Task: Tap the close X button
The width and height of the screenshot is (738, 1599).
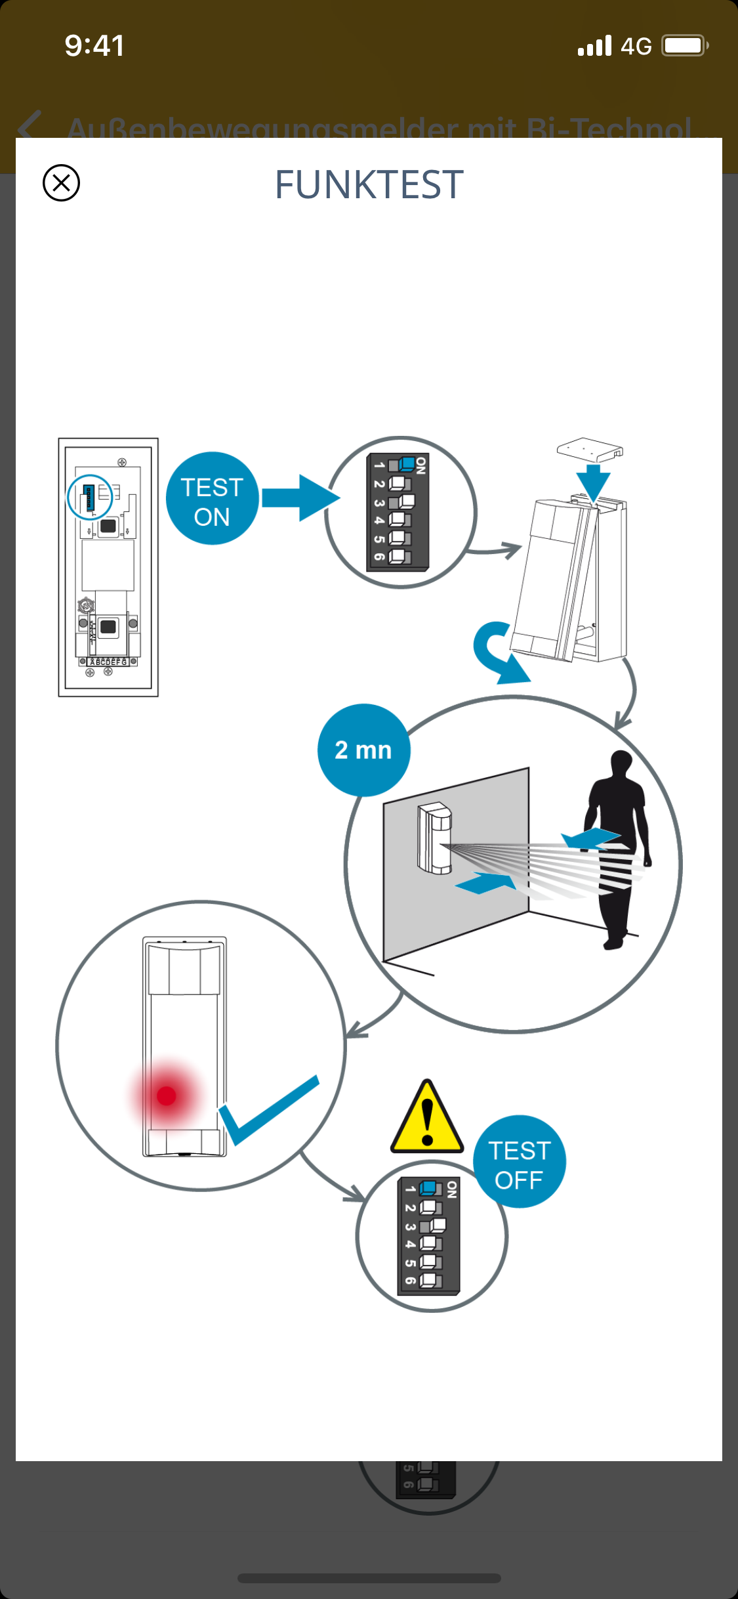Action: pyautogui.click(x=61, y=182)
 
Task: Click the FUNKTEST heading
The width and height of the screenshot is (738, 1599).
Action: pyautogui.click(x=369, y=184)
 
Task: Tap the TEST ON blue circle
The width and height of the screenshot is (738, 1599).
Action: pyautogui.click(x=212, y=499)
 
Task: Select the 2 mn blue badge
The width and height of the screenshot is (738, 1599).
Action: pyautogui.click(x=363, y=750)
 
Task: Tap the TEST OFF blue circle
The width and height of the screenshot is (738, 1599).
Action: pyautogui.click(x=519, y=1162)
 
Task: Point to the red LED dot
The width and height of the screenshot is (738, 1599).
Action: pyautogui.click(x=167, y=1096)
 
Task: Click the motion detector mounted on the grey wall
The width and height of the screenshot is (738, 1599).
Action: pyautogui.click(x=434, y=838)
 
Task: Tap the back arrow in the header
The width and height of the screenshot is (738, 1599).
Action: pyautogui.click(x=30, y=126)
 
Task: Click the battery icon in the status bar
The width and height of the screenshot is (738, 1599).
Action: pyautogui.click(x=685, y=46)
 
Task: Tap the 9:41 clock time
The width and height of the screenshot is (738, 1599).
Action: pyautogui.click(x=94, y=46)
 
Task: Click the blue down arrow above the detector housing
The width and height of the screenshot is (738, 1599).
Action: pyautogui.click(x=594, y=482)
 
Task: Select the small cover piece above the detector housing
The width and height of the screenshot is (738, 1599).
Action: pyautogui.click(x=589, y=450)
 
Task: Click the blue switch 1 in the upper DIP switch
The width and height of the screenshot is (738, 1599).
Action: pyautogui.click(x=407, y=465)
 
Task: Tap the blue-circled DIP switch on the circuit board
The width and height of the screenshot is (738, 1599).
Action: pyautogui.click(x=90, y=498)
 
